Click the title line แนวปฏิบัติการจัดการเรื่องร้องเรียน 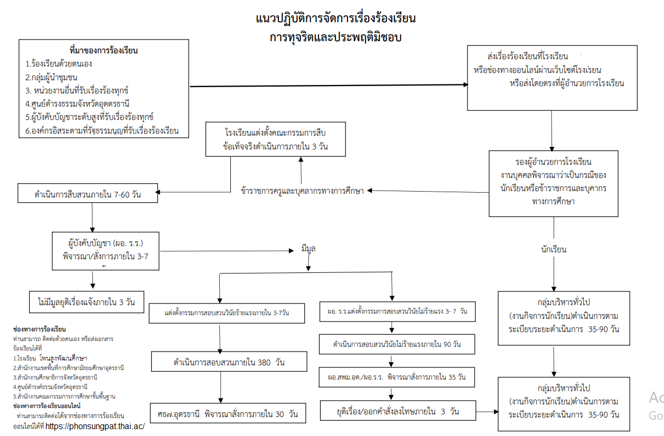(336, 19)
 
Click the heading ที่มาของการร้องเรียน (104, 51)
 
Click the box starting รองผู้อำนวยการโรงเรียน (553, 182)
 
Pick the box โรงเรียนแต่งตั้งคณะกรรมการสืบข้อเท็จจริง (275, 139)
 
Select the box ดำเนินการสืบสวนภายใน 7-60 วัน (88, 194)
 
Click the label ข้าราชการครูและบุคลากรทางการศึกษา (302, 191)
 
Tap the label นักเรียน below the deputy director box (554, 249)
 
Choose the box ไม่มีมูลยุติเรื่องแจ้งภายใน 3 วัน (87, 302)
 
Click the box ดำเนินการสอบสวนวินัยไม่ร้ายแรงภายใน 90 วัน (397, 344)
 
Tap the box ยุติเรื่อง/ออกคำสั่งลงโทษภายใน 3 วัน (397, 411)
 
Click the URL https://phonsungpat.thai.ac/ (95, 426)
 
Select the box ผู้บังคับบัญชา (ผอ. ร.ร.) (106, 251)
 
